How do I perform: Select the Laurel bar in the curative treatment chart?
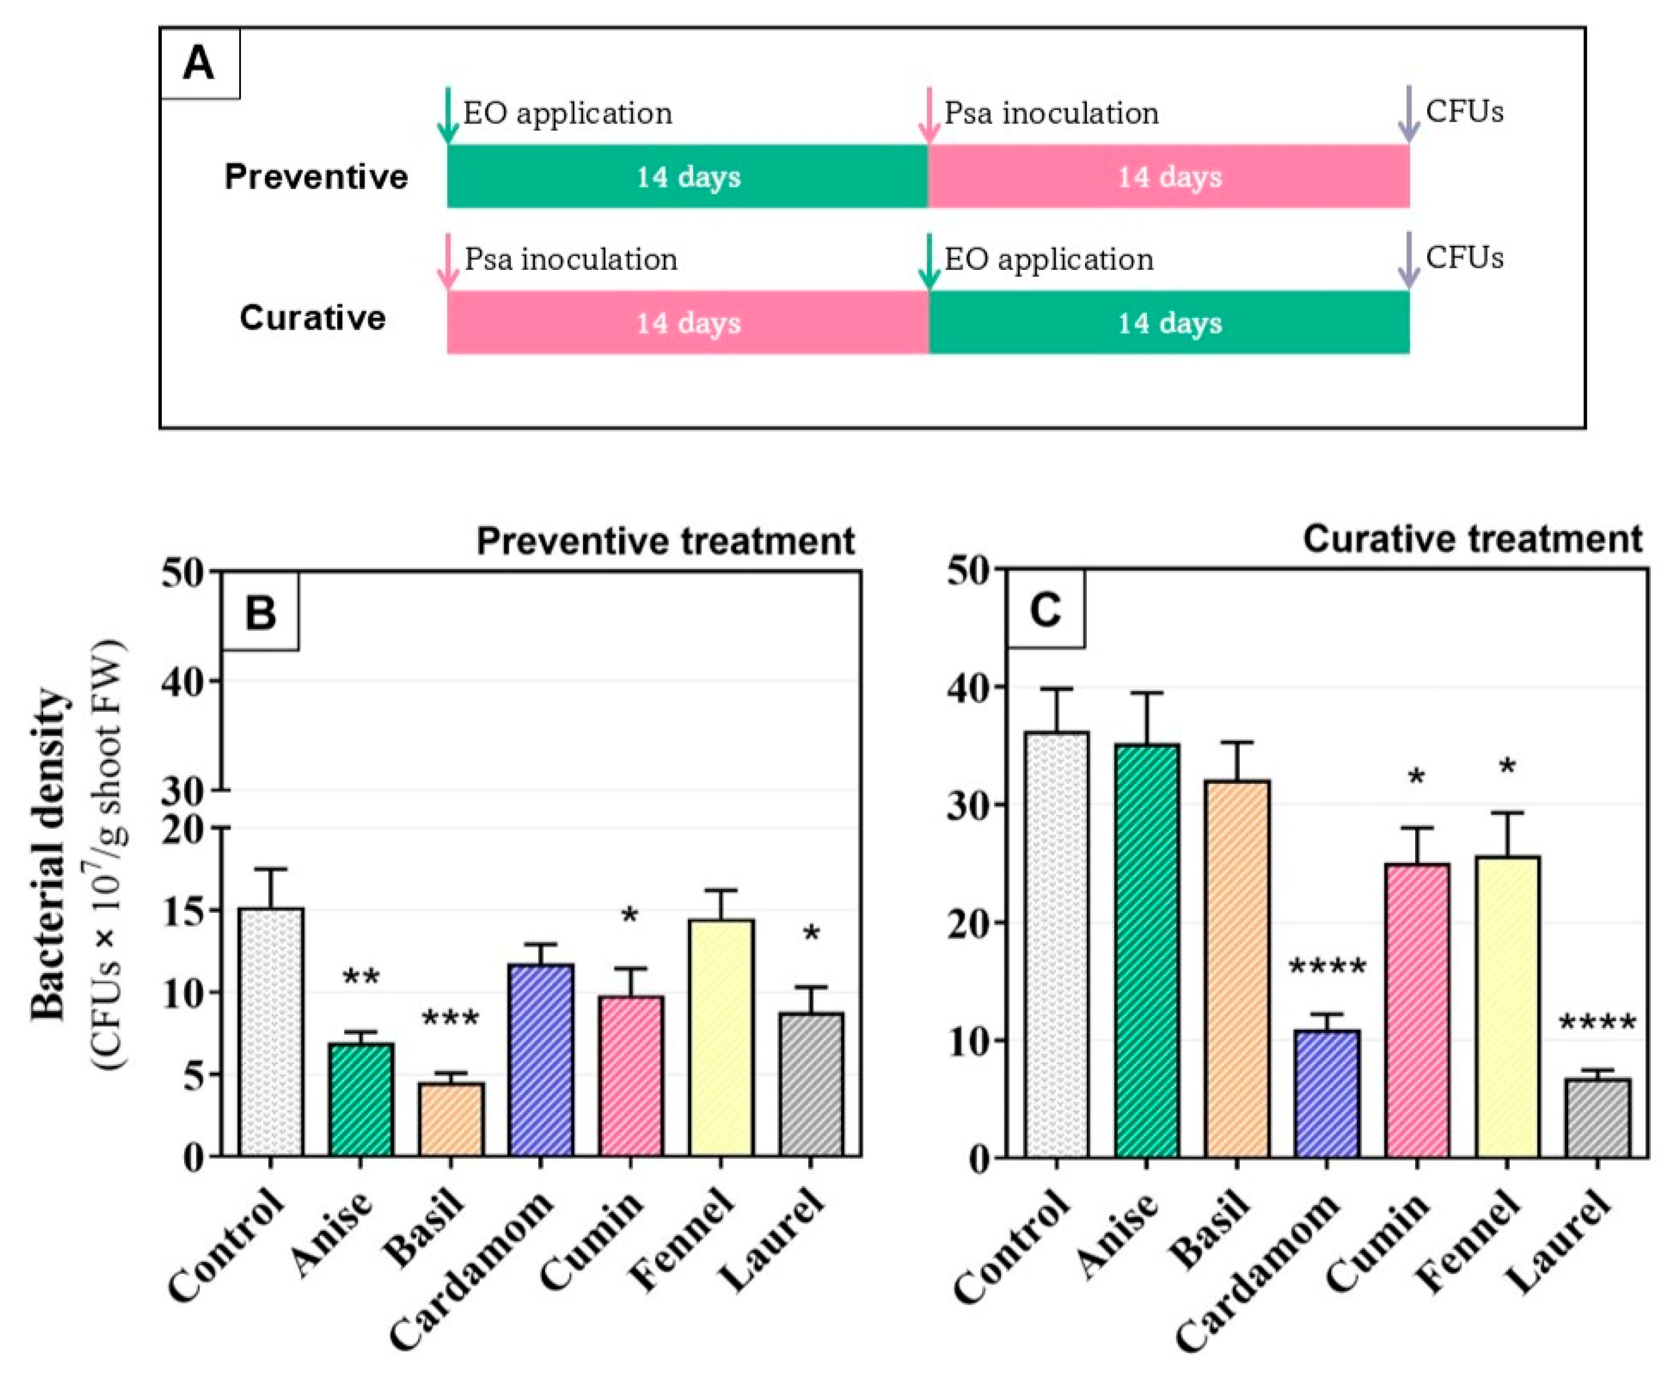1597,1118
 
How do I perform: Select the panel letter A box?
199,63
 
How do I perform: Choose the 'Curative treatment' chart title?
1471,539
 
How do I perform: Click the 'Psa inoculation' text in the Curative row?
570,260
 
